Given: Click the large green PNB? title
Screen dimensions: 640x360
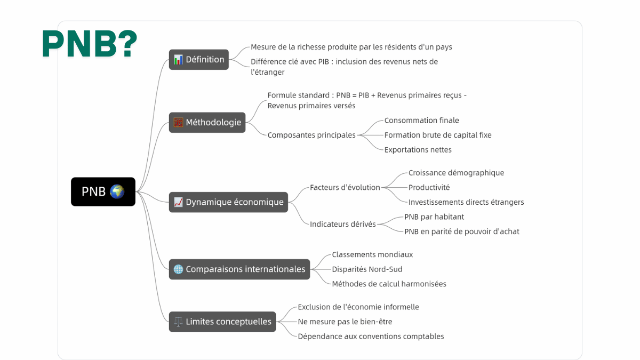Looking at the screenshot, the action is (90, 43).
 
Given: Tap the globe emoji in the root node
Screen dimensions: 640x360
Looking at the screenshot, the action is (117, 191).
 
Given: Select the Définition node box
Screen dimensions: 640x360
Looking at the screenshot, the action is (199, 59).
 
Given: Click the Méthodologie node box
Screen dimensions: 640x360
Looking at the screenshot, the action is (207, 122).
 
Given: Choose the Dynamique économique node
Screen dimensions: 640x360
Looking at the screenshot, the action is (228, 202).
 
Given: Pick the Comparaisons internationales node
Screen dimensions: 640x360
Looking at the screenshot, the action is (239, 269).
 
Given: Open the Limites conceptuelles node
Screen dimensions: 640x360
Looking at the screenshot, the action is (222, 322).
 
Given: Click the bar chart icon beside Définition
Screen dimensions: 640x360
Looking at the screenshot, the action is (178, 59).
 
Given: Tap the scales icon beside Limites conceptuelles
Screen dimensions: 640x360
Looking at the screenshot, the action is (178, 322).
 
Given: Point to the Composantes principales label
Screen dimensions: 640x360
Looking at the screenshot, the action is (311, 135).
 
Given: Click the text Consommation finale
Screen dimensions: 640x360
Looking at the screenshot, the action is (421, 121).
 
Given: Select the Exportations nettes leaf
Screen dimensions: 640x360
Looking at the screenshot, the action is (418, 150).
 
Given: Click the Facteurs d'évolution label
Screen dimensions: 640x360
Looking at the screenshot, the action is (345, 187).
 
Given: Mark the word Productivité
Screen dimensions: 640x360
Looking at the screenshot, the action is (429, 187).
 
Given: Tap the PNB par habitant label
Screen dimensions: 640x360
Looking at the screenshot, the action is (434, 217).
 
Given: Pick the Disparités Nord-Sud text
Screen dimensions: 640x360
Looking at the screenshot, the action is (367, 269).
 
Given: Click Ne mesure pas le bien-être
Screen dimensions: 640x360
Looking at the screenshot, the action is (345, 322).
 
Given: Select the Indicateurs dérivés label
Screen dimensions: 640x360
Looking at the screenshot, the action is (342, 224).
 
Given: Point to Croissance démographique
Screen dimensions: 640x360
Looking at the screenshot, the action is (456, 173).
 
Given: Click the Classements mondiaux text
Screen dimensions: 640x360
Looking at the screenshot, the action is (372, 254).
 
